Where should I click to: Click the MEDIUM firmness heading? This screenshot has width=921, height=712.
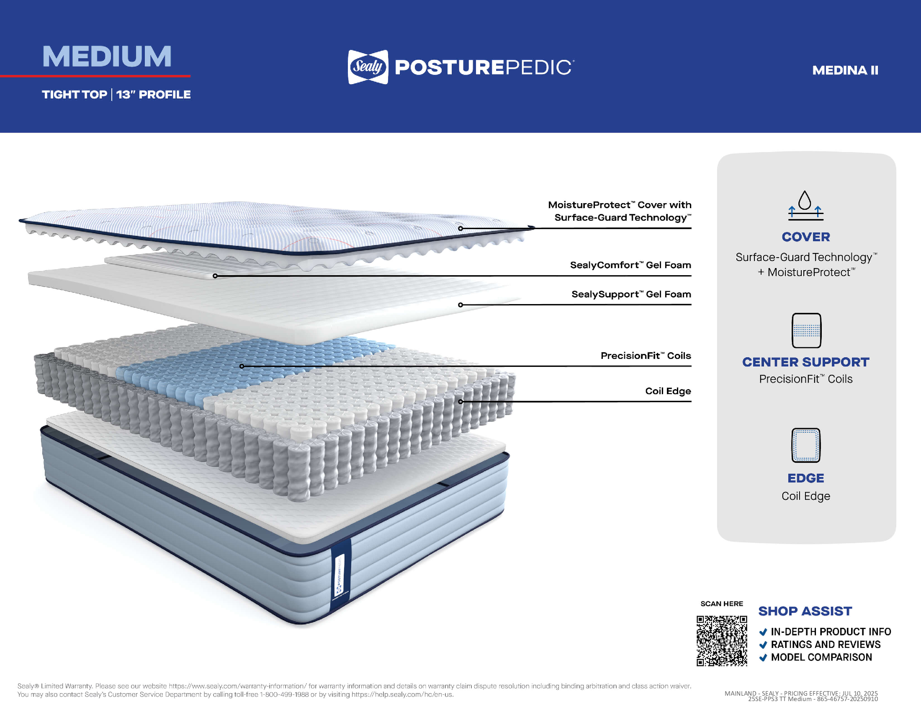point(107,57)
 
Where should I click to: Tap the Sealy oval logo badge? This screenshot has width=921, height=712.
point(368,67)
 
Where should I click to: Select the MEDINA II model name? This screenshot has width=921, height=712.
point(845,70)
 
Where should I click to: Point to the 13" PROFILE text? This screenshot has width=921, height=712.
point(154,95)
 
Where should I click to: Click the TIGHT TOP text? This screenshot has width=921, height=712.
point(75,95)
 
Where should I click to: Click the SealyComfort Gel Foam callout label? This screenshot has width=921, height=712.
point(630,265)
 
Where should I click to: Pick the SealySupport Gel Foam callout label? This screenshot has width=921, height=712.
point(631,294)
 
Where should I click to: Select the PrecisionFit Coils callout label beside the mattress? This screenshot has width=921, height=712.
point(646,356)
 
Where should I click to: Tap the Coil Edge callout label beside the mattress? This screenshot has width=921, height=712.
point(668,391)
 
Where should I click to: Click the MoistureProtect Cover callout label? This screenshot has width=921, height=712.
point(620,211)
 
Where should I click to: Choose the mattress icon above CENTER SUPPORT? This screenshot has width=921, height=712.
point(806,330)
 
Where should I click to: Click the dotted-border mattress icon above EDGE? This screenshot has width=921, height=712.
point(806,446)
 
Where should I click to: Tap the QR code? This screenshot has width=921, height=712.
point(722,641)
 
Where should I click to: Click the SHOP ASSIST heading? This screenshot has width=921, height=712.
point(805,611)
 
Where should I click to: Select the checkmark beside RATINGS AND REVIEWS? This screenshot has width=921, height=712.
point(763,645)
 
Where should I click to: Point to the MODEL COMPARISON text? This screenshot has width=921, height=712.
point(821,657)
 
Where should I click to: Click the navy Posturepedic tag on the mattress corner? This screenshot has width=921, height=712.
point(341,575)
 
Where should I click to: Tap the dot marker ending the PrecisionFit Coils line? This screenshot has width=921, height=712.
point(242,366)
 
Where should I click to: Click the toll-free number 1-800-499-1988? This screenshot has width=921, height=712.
point(284,694)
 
